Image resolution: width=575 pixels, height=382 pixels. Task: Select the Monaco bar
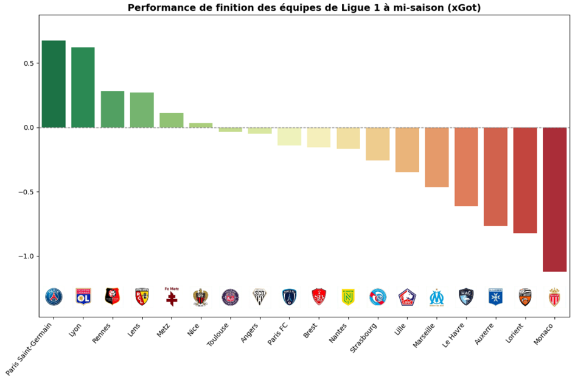pyautogui.click(x=554, y=199)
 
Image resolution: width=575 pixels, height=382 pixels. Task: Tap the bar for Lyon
pyautogui.click(x=83, y=87)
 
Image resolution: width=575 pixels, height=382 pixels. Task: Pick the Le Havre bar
pyautogui.click(x=466, y=166)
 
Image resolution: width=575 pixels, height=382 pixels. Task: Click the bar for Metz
pyautogui.click(x=172, y=120)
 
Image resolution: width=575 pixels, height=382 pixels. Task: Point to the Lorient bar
pyautogui.click(x=525, y=180)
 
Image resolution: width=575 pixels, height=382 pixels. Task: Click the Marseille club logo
pyautogui.click(x=437, y=297)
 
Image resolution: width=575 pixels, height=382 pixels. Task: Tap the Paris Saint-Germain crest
pyautogui.click(x=54, y=297)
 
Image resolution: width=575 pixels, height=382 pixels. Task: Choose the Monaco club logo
pyautogui.click(x=554, y=297)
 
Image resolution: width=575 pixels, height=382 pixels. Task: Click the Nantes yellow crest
pyautogui.click(x=348, y=297)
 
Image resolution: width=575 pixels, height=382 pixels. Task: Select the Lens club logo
pyautogui.click(x=142, y=297)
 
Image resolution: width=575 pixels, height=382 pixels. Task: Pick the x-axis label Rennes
pyautogui.click(x=103, y=331)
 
